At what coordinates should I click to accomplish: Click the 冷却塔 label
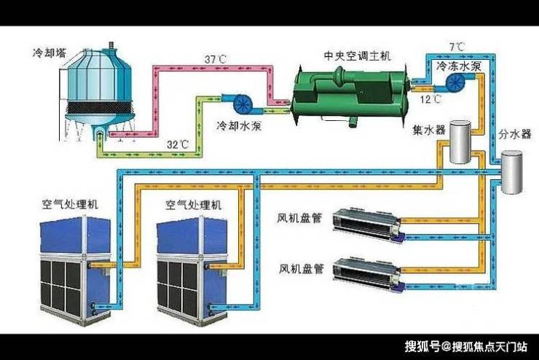(49, 53)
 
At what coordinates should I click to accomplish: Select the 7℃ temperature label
(457, 47)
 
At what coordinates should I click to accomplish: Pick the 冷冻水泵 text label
(458, 66)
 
